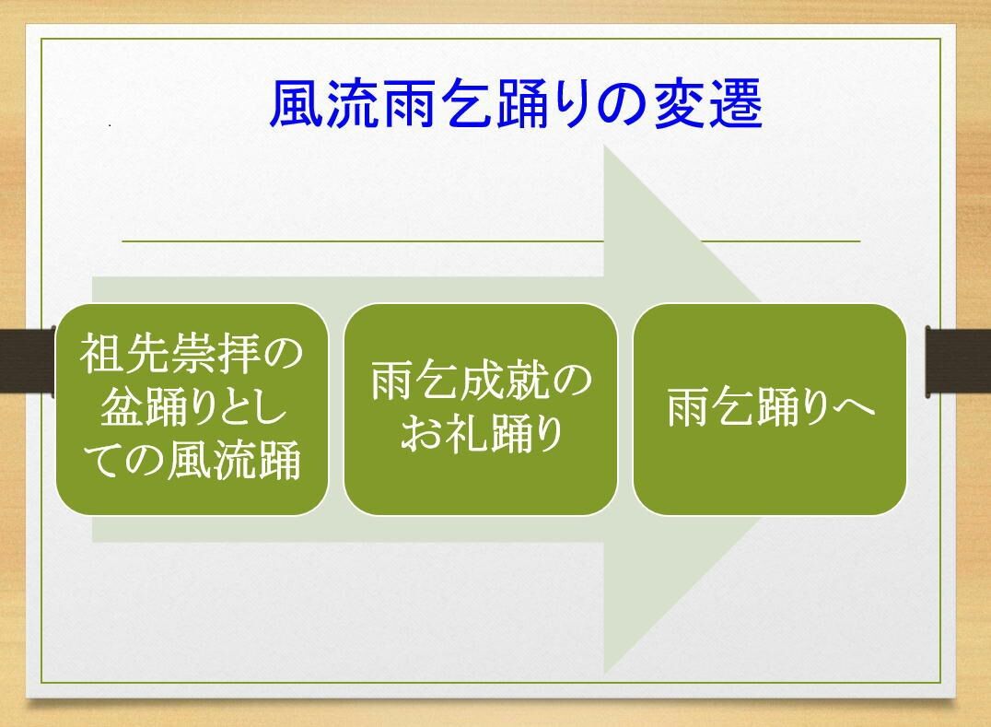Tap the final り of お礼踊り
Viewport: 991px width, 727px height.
point(549,434)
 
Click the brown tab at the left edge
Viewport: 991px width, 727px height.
point(28,361)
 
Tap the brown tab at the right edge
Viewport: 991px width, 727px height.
point(958,361)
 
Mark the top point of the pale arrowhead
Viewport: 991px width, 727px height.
point(605,145)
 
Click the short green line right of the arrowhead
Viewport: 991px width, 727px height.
point(782,240)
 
